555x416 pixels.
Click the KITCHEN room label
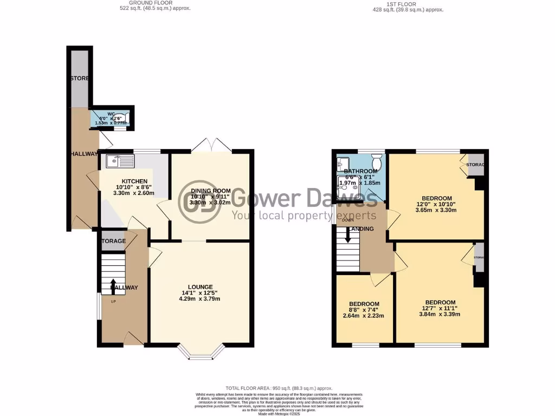(x=134, y=181)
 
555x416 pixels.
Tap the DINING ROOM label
(x=210, y=191)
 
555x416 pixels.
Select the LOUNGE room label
(x=200, y=287)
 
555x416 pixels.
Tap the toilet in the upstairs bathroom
(x=377, y=160)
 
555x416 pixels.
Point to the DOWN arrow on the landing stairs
(x=347, y=236)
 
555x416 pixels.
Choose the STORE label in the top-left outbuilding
(x=79, y=79)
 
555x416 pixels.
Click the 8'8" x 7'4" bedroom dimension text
(x=364, y=310)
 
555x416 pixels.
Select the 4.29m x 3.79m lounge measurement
(x=200, y=299)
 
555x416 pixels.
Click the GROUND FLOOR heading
(x=154, y=4)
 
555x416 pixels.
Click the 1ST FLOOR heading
(x=401, y=4)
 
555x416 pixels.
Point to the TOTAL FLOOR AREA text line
(x=279, y=388)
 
